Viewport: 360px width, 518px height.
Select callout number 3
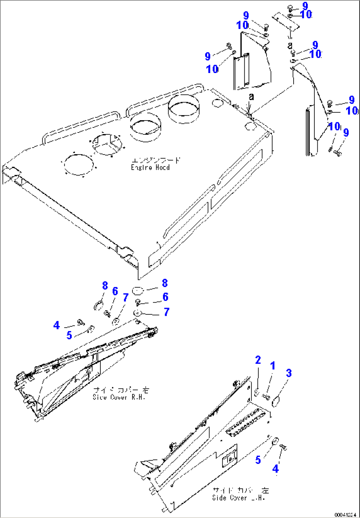(x=289, y=374)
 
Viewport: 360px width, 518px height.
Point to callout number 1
(x=273, y=366)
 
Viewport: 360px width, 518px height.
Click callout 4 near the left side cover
(x=56, y=326)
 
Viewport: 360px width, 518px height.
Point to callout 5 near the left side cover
(x=69, y=335)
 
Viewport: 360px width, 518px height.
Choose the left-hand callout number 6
(x=115, y=291)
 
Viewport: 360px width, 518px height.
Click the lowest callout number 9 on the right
(x=346, y=132)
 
